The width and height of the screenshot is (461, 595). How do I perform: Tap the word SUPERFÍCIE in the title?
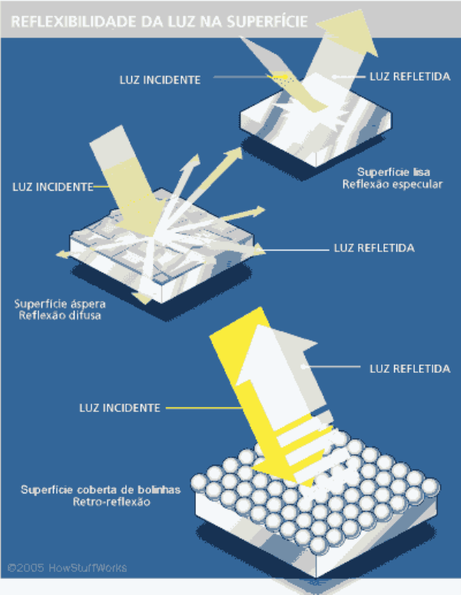click(267, 22)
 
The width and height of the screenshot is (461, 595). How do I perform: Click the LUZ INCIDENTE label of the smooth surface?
click(160, 80)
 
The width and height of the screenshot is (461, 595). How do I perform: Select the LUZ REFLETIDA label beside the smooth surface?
click(410, 77)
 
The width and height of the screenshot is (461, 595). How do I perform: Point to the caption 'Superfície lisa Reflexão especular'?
click(393, 178)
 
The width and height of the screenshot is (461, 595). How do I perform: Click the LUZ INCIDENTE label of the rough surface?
click(53, 187)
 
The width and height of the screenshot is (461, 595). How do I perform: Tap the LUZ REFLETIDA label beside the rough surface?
click(374, 248)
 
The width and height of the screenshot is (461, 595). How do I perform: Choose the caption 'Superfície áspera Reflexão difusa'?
click(60, 310)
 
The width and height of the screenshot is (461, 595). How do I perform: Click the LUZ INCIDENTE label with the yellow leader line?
click(120, 408)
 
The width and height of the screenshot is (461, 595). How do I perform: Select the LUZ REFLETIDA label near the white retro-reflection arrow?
click(410, 369)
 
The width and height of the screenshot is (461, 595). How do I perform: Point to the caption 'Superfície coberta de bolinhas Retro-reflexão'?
click(101, 496)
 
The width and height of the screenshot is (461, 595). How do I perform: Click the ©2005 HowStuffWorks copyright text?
click(67, 568)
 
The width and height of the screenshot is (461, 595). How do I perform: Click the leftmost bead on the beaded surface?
click(200, 482)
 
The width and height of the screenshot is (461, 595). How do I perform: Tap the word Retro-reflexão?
click(111, 502)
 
